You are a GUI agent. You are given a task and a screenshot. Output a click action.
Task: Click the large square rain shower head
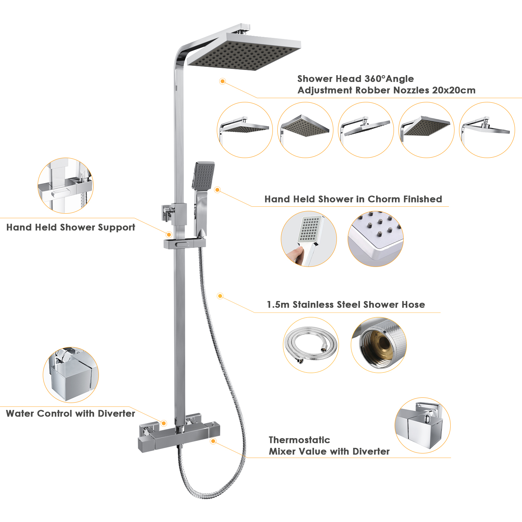pyautogui.click(x=244, y=52)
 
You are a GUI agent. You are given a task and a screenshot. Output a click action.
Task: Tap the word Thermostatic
pyautogui.click(x=299, y=440)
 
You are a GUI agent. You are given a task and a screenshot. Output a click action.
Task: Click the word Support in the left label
pyautogui.click(x=117, y=228)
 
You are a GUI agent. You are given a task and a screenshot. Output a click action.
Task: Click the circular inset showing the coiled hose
pyautogui.click(x=311, y=345)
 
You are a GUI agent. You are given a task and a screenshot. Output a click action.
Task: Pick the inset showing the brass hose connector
pyautogui.click(x=379, y=345)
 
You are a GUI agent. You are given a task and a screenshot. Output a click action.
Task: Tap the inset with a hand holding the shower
pyautogui.click(x=309, y=239)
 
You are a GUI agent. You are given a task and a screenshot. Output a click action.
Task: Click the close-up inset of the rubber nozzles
pyautogui.click(x=375, y=239)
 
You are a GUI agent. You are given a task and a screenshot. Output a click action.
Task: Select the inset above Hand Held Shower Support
pyautogui.click(x=65, y=185)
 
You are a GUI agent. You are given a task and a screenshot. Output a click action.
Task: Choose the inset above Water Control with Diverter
pyautogui.click(x=71, y=375)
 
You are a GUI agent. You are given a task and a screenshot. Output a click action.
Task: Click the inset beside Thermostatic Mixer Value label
pyautogui.click(x=422, y=426)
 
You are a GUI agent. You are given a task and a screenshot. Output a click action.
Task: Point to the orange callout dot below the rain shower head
pyautogui.click(x=223, y=81)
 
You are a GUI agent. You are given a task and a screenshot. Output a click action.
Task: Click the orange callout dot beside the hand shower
pyautogui.click(x=217, y=190)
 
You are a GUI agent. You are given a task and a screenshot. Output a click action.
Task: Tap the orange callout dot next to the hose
pyautogui.click(x=220, y=296)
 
